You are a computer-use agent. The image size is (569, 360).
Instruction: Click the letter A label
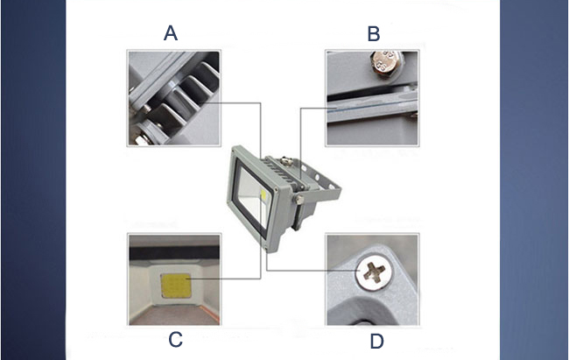(x=171, y=32)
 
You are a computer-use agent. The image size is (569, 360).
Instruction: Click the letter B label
(x=374, y=33)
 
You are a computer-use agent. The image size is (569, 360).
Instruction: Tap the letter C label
(x=175, y=340)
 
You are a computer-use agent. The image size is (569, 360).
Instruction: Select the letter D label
(x=376, y=342)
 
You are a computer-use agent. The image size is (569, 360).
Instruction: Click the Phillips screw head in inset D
(x=375, y=272)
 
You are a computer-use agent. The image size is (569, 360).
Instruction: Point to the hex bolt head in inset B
(x=386, y=63)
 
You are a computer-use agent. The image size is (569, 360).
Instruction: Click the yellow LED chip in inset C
(x=176, y=286)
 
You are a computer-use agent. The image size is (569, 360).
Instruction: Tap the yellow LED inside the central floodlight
(x=263, y=195)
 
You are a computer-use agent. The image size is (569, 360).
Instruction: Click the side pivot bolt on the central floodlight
(x=299, y=199)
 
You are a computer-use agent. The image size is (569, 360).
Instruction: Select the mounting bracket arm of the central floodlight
(x=320, y=183)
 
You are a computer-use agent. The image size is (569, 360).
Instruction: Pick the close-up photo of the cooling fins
(x=174, y=98)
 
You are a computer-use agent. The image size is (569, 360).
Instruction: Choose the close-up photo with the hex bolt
(x=372, y=98)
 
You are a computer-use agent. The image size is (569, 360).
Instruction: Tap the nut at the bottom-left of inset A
(x=142, y=138)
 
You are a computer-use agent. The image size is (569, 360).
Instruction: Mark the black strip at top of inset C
(x=174, y=253)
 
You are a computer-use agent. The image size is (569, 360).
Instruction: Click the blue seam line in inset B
(x=371, y=107)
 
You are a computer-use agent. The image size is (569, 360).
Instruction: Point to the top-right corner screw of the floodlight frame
(x=277, y=189)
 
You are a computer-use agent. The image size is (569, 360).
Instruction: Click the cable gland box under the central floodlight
(x=303, y=215)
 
